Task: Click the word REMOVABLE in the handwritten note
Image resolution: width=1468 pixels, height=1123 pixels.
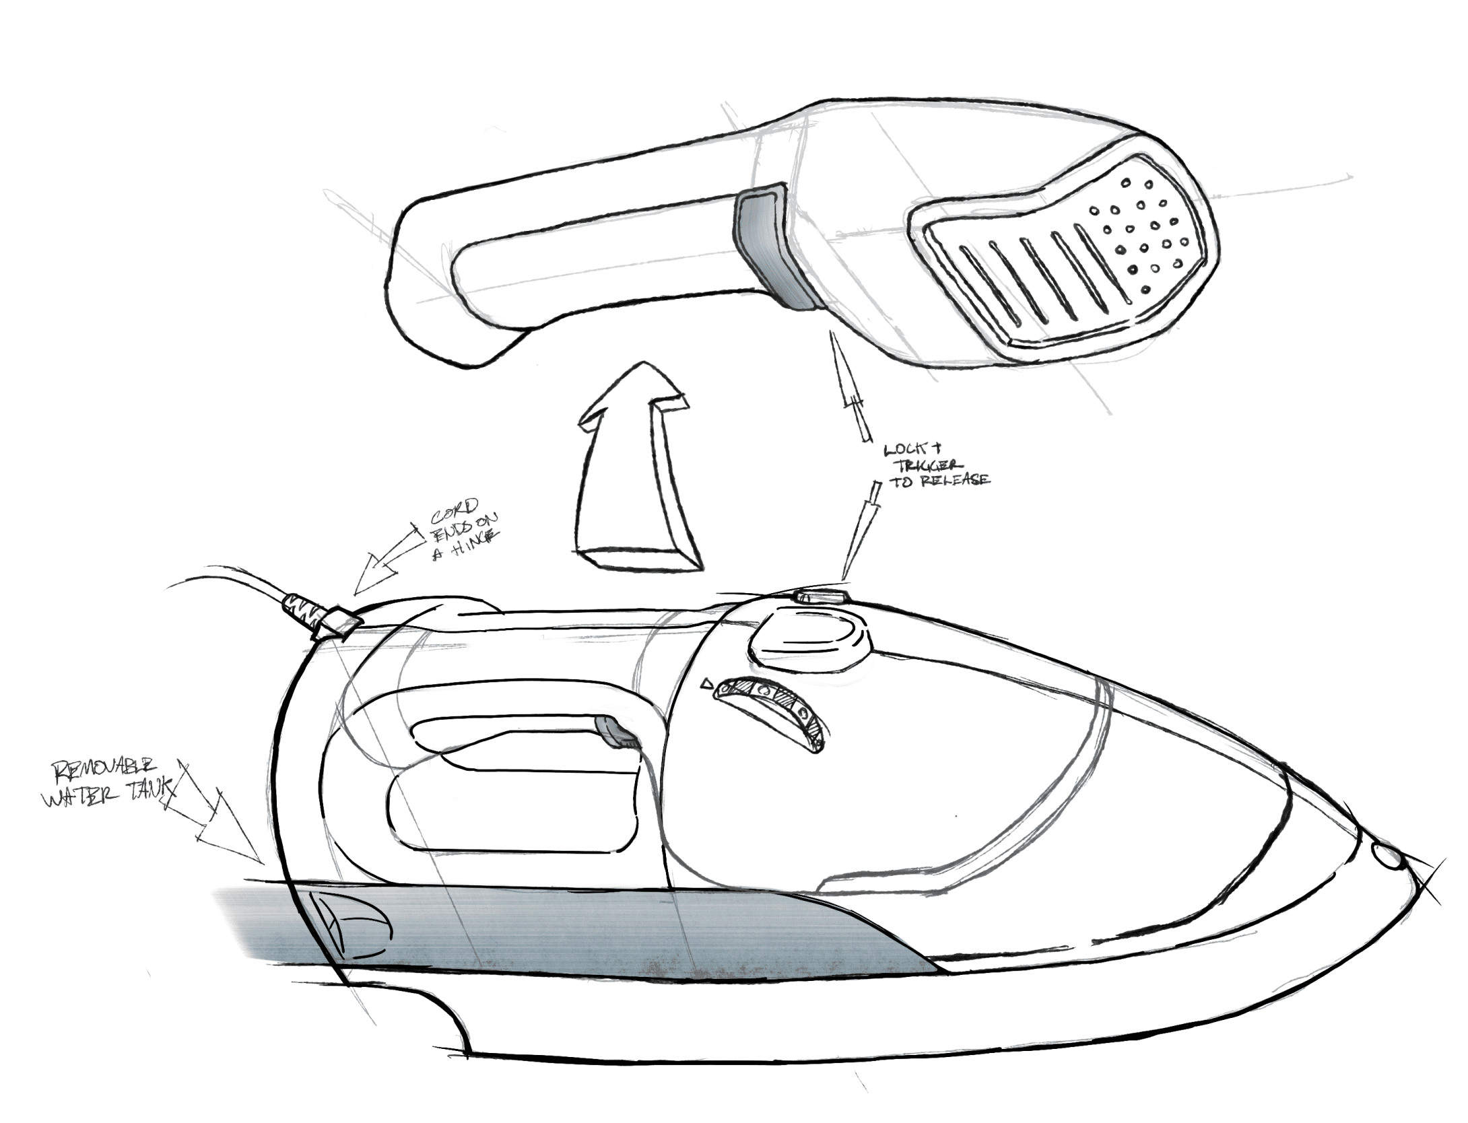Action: pyautogui.click(x=105, y=769)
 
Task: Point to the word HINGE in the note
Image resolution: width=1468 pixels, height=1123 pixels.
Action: pyautogui.click(x=475, y=537)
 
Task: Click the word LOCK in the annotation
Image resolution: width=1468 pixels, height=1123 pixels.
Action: pyautogui.click(x=904, y=449)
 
